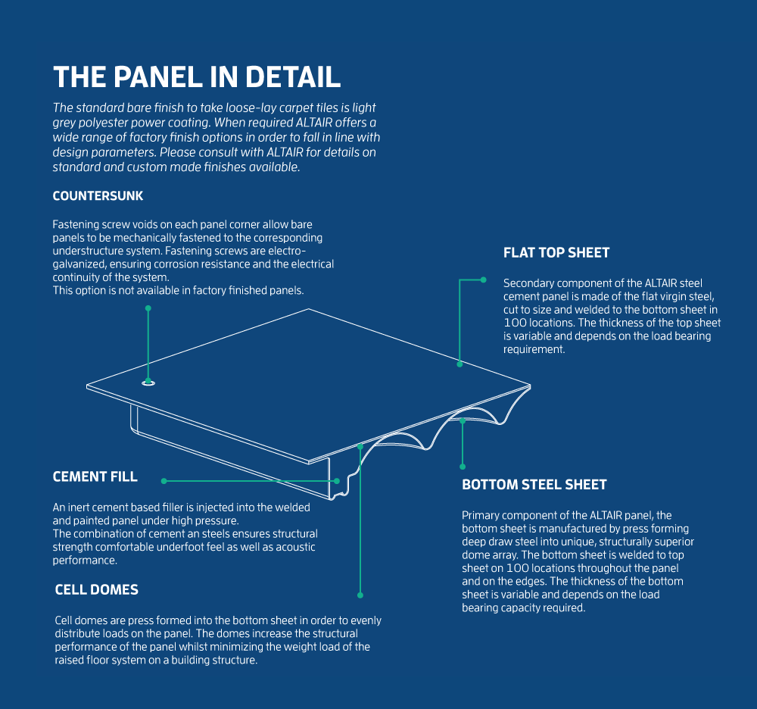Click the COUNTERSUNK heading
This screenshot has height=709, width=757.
tap(98, 196)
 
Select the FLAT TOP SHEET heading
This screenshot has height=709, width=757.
tap(556, 253)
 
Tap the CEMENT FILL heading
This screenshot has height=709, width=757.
tap(95, 476)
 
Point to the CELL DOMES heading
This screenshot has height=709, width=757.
tap(97, 589)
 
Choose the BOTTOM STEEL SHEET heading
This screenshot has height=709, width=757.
tap(534, 485)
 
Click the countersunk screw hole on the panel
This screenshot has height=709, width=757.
tap(148, 383)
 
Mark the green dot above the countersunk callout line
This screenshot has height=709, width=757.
tap(148, 308)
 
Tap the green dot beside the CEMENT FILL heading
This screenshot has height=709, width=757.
tap(163, 480)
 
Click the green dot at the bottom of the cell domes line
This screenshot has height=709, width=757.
tap(360, 595)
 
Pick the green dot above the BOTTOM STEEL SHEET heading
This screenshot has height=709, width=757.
tap(463, 467)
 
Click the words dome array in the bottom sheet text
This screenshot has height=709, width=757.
tap(492, 555)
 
